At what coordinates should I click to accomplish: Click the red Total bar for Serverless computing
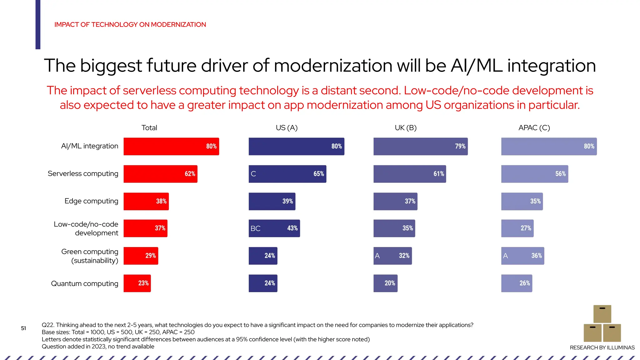[160, 174]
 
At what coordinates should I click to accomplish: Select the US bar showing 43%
[274, 228]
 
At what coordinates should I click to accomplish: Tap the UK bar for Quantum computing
[385, 283]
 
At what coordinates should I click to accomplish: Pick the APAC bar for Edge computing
[522, 201]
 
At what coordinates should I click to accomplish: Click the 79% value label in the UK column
[460, 146]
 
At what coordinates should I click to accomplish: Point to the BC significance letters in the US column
[255, 228]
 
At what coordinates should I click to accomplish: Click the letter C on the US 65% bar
[253, 174]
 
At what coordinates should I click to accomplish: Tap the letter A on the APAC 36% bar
[505, 256]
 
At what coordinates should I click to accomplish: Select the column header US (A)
[287, 128]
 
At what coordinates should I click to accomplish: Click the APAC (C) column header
[534, 128]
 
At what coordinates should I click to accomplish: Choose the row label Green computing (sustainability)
[90, 256]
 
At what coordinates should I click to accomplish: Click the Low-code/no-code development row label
[86, 228]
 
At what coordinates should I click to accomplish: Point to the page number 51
[23, 328]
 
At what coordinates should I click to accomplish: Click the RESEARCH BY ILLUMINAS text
[602, 347]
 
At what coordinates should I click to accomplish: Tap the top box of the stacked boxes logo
[602, 314]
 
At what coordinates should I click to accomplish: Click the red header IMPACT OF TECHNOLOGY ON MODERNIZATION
[130, 25]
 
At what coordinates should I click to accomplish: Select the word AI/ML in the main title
[476, 66]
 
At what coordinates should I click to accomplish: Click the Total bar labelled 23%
[137, 283]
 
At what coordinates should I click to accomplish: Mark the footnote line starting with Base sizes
[118, 332]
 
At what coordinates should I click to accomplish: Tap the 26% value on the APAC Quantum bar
[525, 283]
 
